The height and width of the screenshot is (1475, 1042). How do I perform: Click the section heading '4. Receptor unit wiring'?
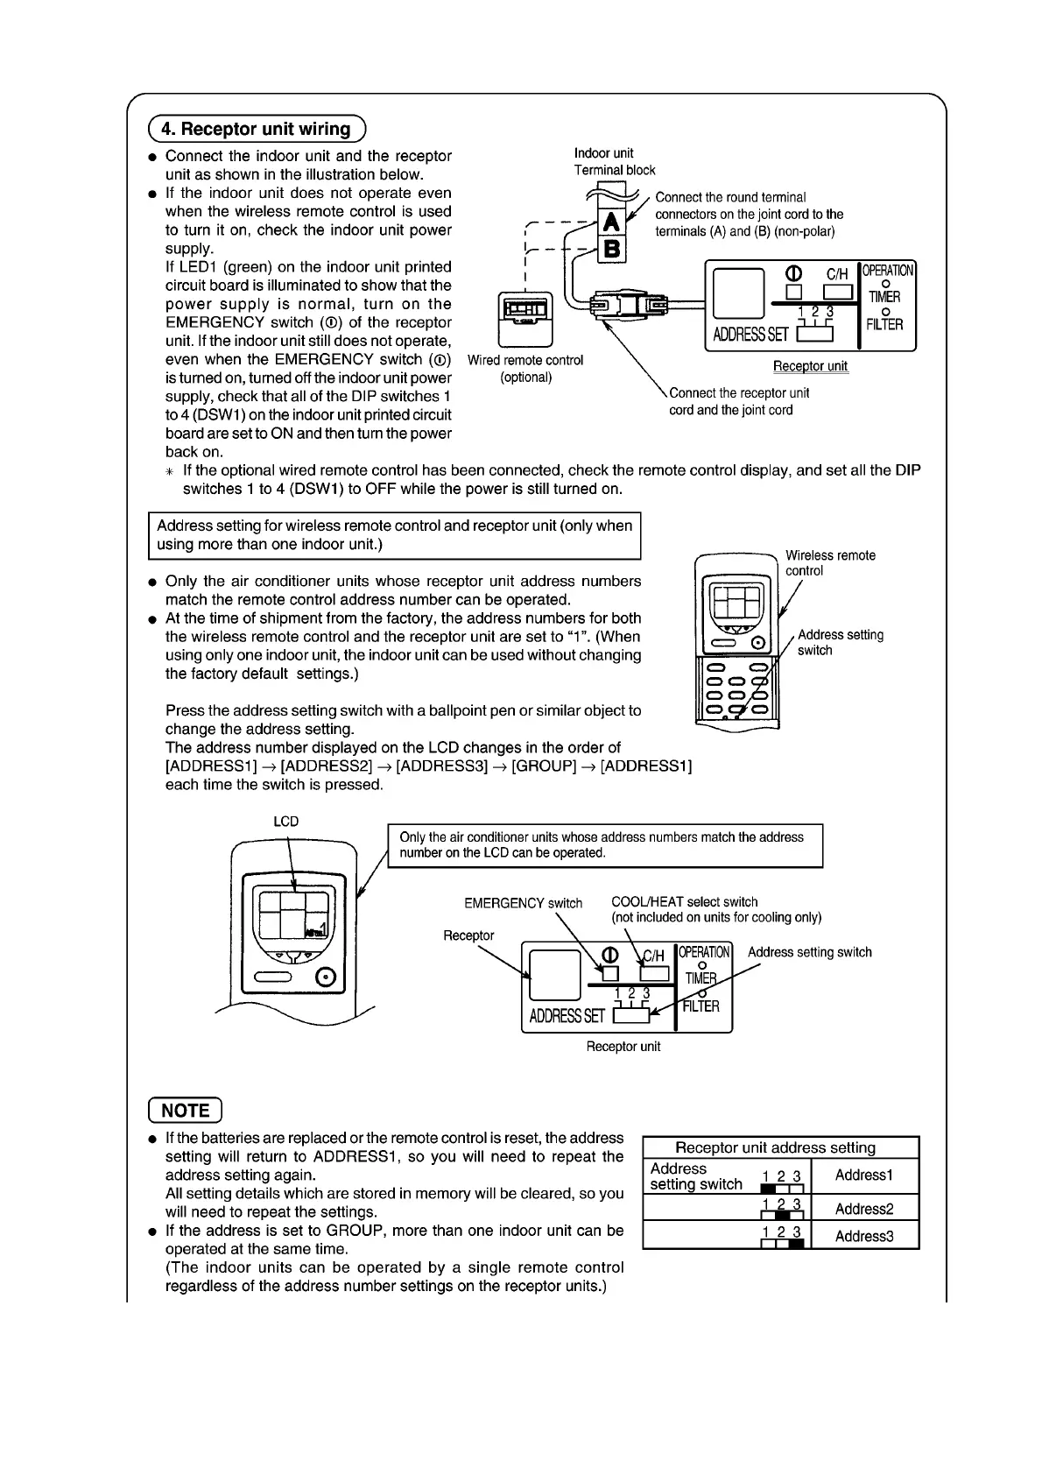(x=257, y=130)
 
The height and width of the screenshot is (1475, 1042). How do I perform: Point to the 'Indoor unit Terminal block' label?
(x=614, y=162)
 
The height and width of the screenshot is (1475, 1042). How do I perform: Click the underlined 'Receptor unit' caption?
(x=810, y=366)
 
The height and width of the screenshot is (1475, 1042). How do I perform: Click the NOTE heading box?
(x=186, y=1111)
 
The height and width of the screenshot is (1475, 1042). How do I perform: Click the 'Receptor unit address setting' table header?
(x=775, y=1147)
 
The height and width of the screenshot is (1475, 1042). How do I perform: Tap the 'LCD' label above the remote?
(x=286, y=822)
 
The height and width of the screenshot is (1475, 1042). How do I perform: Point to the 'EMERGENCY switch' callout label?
(x=523, y=903)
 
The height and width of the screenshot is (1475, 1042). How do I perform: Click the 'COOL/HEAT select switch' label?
(x=684, y=902)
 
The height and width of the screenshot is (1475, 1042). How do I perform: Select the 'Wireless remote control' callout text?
(x=829, y=563)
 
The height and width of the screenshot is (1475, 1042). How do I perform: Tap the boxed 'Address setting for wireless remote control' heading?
(x=394, y=535)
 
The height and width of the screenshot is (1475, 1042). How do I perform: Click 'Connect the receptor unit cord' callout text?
(x=739, y=401)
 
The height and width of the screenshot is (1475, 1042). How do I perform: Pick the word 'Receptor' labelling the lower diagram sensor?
(x=468, y=935)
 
